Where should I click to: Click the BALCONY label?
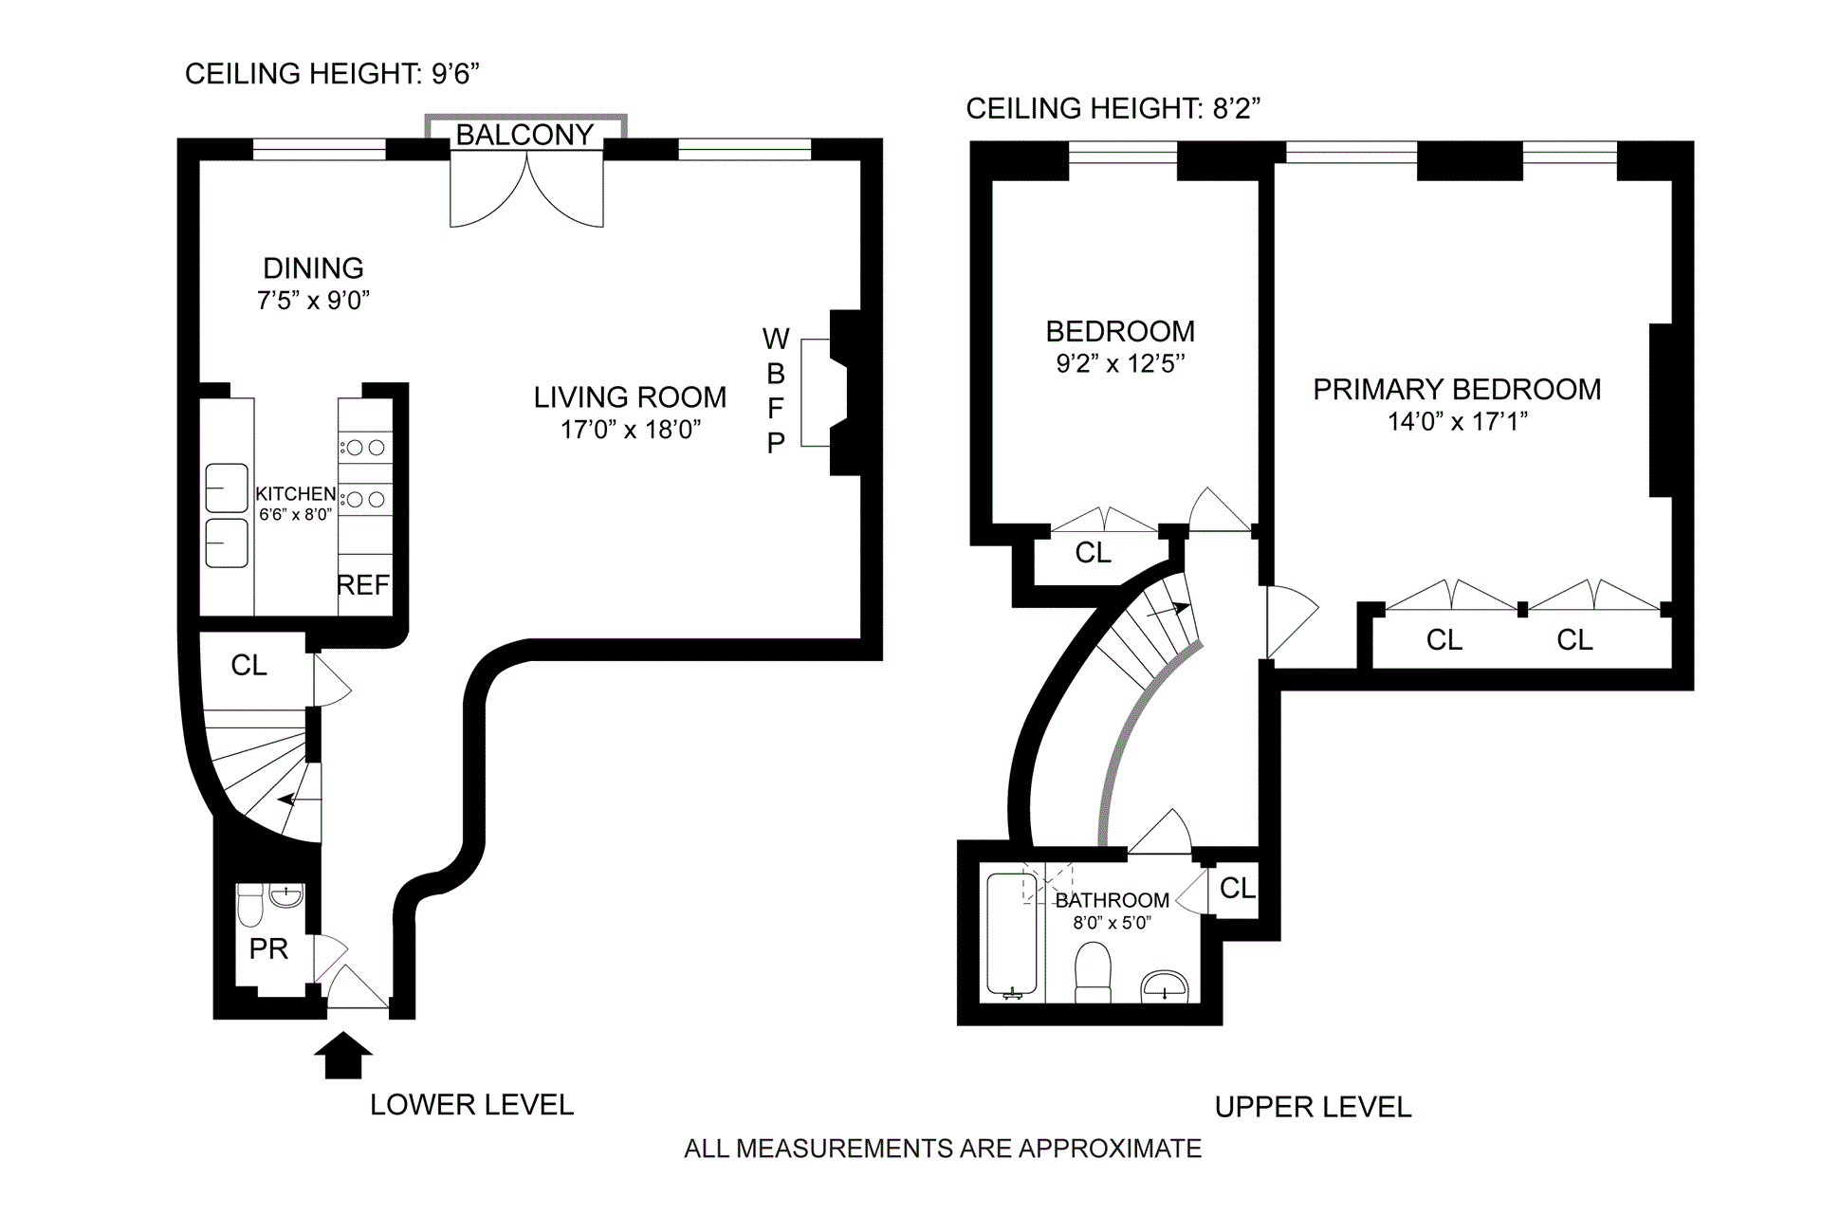click(x=524, y=135)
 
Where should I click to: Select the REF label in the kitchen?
click(x=363, y=585)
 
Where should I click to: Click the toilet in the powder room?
click(x=250, y=905)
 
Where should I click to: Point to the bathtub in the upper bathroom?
click(x=1013, y=935)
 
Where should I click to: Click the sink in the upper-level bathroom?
click(x=1164, y=985)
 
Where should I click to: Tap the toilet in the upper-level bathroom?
click(x=1094, y=972)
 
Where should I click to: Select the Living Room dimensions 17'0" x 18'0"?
click(x=630, y=430)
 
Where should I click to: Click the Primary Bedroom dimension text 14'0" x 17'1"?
click(x=1457, y=421)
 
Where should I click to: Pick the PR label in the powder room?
click(x=268, y=948)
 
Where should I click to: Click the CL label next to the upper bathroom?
click(x=1238, y=889)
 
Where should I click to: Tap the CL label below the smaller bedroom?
click(x=1093, y=553)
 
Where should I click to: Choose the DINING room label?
click(x=313, y=268)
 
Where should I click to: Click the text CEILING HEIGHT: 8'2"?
click(x=1113, y=108)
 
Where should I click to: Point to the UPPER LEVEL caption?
click(x=1314, y=1107)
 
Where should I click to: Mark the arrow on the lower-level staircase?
click(x=299, y=801)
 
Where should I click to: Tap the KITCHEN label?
click(x=296, y=494)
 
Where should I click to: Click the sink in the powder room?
click(x=285, y=893)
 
